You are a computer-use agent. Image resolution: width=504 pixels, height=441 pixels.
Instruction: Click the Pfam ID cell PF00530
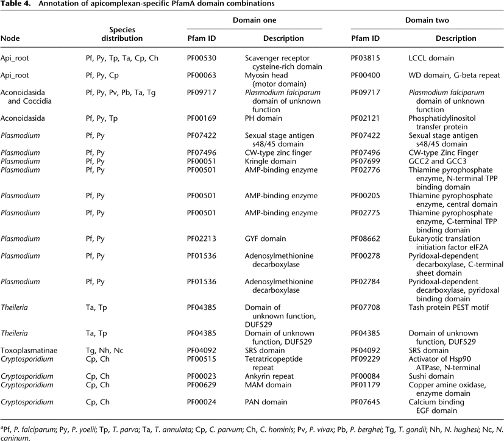tap(201, 59)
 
